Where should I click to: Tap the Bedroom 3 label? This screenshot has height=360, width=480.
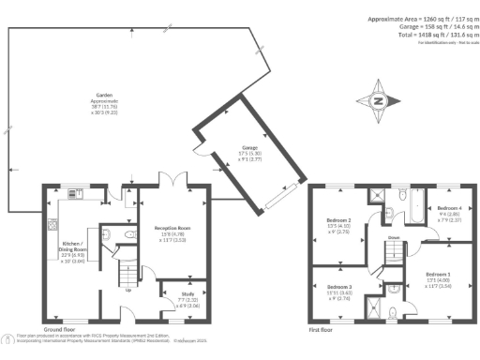[339, 290]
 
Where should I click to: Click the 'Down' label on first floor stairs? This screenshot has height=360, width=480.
[393, 238]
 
